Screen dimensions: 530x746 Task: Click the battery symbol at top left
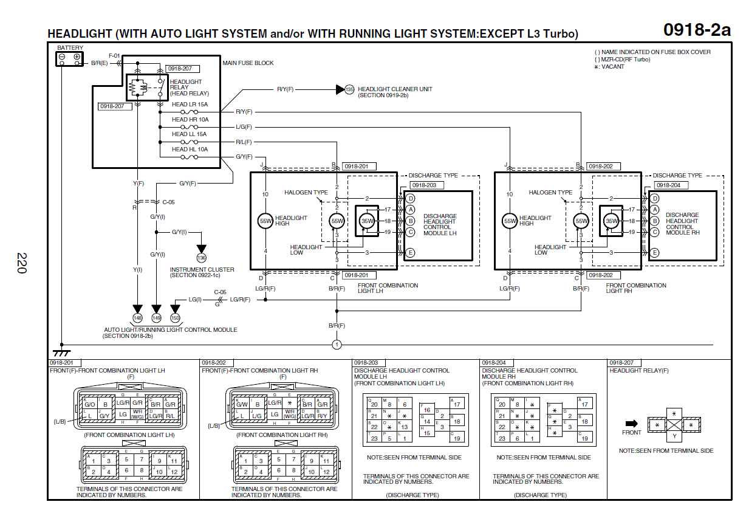click(x=69, y=58)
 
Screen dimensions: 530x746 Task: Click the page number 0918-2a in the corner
click(x=696, y=30)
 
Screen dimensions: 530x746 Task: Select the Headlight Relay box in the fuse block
click(x=145, y=88)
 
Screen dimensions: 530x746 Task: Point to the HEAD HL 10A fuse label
click(x=190, y=149)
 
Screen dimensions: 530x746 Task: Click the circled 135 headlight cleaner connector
click(x=349, y=89)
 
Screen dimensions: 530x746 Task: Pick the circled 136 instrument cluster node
click(x=202, y=258)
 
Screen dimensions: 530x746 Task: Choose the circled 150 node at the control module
click(x=176, y=317)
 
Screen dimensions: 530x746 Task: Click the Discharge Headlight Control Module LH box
click(x=439, y=225)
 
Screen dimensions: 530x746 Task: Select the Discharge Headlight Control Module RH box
click(x=682, y=225)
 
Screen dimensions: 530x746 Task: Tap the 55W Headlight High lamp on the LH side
click(x=265, y=221)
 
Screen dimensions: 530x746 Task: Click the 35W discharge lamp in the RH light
click(x=612, y=221)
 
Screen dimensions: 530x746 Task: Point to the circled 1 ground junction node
click(x=337, y=345)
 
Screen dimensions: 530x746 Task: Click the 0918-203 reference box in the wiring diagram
click(x=426, y=185)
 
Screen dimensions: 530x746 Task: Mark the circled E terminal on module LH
click(x=411, y=253)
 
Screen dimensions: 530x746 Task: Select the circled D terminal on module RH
click(x=655, y=198)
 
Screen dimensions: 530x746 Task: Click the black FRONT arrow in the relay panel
click(x=631, y=423)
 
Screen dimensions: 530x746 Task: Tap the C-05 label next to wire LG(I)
click(x=220, y=292)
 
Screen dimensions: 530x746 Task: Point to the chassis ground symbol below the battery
click(x=61, y=353)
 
